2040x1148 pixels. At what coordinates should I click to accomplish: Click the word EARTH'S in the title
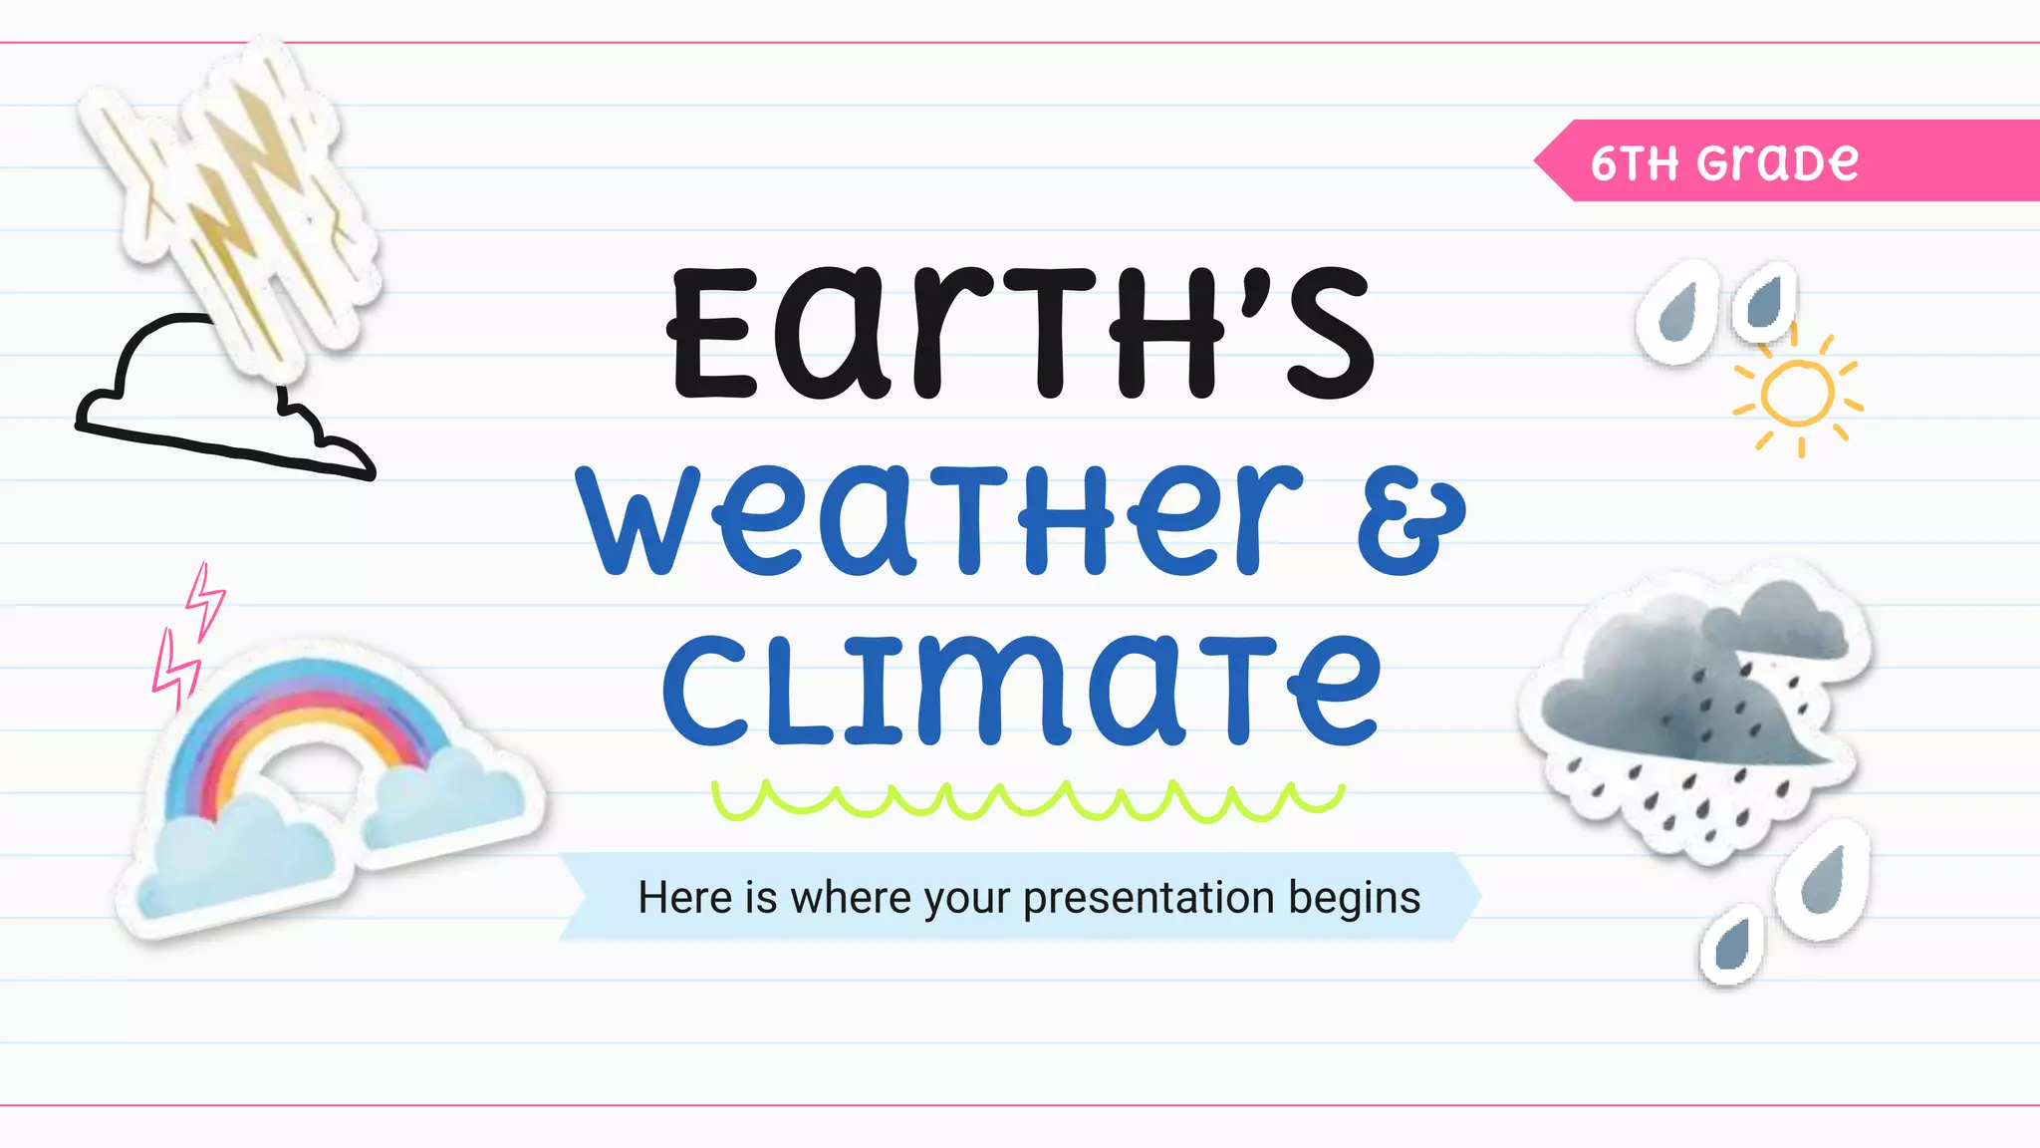point(1021,334)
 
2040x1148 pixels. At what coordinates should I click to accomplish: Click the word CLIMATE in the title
point(1021,690)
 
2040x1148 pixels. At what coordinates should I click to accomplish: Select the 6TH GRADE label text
point(1724,161)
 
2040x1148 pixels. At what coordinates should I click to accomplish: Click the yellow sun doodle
point(1797,396)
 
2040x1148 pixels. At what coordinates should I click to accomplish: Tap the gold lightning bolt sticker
point(239,199)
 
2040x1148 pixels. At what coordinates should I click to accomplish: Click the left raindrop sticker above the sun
point(1676,311)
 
